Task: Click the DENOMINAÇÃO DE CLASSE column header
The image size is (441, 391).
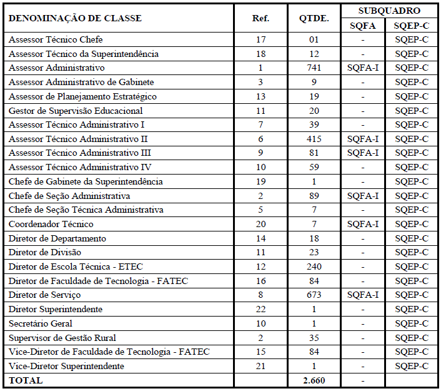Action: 75,18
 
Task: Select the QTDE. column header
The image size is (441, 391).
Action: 314,18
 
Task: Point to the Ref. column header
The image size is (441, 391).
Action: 260,18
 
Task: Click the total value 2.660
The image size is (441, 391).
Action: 314,380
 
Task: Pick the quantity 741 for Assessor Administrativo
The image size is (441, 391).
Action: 314,68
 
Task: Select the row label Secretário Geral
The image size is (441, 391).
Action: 41,323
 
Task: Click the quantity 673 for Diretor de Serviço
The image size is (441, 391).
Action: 314,295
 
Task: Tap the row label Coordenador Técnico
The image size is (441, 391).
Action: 51,224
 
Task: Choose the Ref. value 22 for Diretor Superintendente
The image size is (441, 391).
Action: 260,309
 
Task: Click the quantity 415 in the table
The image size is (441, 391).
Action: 314,139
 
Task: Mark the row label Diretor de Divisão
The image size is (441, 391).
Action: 46,252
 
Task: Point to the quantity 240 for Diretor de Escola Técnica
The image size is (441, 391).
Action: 314,267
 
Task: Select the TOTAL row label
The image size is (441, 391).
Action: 26,380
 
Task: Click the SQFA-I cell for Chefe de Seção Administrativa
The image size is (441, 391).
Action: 363,196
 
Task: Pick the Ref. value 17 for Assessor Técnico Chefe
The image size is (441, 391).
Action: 260,39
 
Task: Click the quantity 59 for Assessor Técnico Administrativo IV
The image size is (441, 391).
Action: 314,167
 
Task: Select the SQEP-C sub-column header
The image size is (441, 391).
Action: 412,26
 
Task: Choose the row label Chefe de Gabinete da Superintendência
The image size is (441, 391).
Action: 86,181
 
